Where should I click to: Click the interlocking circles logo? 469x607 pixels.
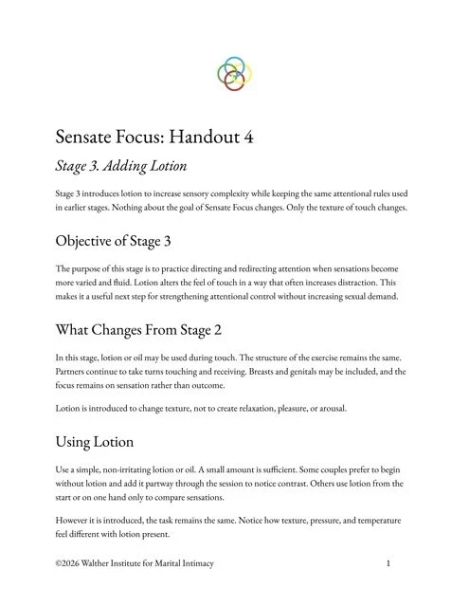click(x=234, y=73)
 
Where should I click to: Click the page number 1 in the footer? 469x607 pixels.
click(x=389, y=564)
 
